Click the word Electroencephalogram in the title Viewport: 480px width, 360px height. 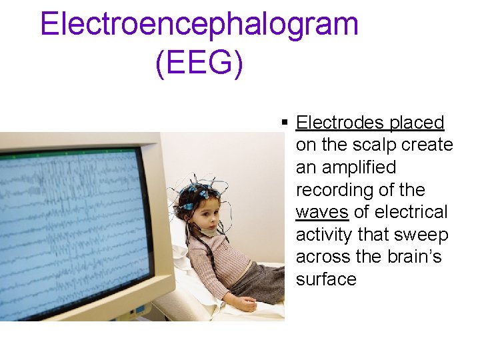click(199, 25)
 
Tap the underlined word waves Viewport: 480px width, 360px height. click(322, 212)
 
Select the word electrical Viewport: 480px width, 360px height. click(411, 212)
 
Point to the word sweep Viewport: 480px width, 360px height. click(425, 235)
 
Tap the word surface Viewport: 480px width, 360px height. click(326, 279)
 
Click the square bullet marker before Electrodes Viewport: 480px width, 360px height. click(285, 123)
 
